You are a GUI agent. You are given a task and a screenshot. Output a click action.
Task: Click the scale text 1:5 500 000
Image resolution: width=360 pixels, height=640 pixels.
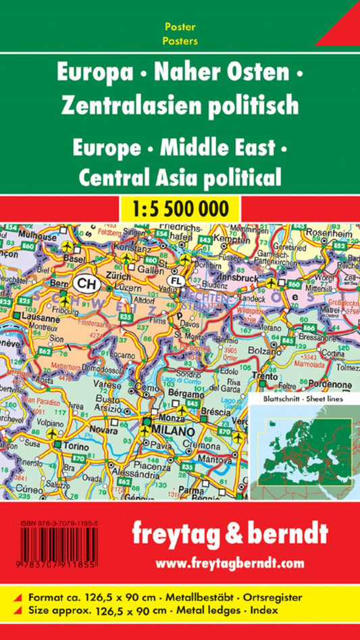click(x=180, y=207)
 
